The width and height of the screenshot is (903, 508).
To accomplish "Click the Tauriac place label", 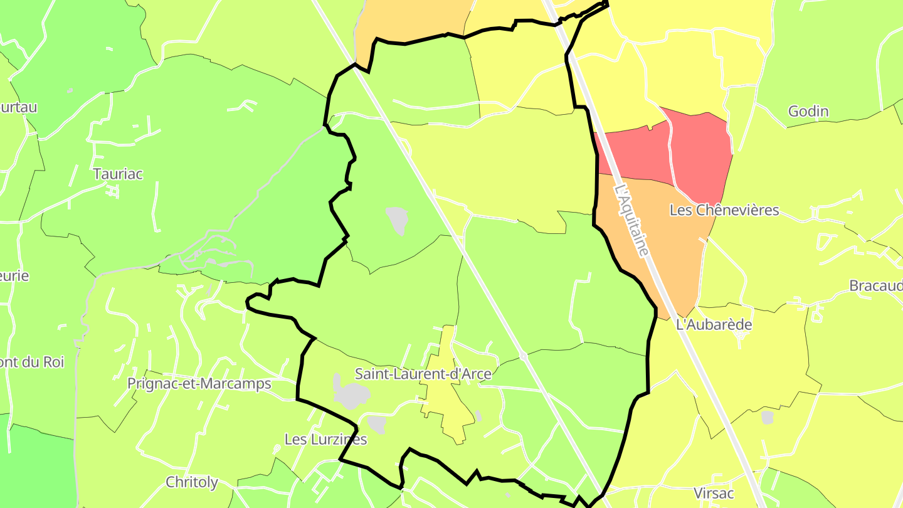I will (118, 174).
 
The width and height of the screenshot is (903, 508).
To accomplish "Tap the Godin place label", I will (808, 112).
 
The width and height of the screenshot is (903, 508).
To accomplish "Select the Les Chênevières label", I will (724, 210).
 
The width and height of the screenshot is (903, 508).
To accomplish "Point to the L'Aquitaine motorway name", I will (631, 219).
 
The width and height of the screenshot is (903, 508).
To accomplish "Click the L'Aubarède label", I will (714, 325).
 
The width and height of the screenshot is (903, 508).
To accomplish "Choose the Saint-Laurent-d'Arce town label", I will (423, 374).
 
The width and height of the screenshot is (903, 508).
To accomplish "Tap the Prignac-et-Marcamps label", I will (199, 383).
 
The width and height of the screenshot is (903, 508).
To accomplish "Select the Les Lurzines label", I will (325, 439).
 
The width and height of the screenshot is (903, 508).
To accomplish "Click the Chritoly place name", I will (192, 482).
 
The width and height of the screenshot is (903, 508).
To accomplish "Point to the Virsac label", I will (714, 493).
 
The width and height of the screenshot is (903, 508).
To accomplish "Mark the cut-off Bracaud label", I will (876, 285).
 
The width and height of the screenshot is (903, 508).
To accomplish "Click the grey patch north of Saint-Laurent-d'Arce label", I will (398, 220).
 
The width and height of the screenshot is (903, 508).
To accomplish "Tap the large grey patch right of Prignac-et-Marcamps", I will (350, 394).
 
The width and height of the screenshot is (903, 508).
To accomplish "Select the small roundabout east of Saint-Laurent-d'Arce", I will (523, 356).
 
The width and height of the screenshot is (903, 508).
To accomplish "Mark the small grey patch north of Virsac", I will (768, 417).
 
